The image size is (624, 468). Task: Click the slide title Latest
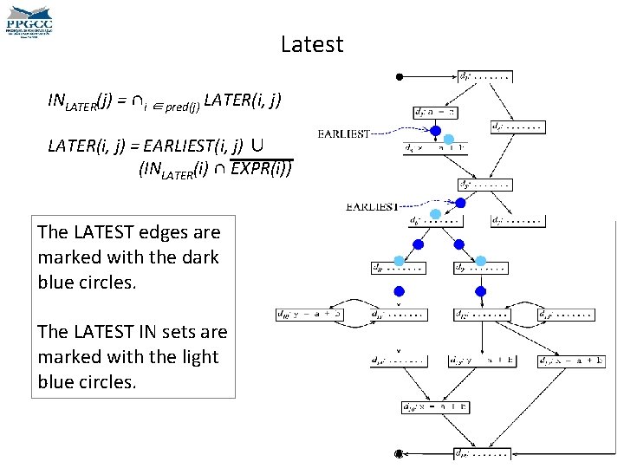tap(312, 44)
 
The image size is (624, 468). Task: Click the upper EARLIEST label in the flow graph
tap(344, 133)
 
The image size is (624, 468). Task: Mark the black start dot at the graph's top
tap(399, 77)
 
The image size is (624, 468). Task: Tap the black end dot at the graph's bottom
tap(399, 453)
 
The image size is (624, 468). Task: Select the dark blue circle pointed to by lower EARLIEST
tap(460, 203)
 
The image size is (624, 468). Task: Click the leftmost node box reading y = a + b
tap(309, 314)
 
